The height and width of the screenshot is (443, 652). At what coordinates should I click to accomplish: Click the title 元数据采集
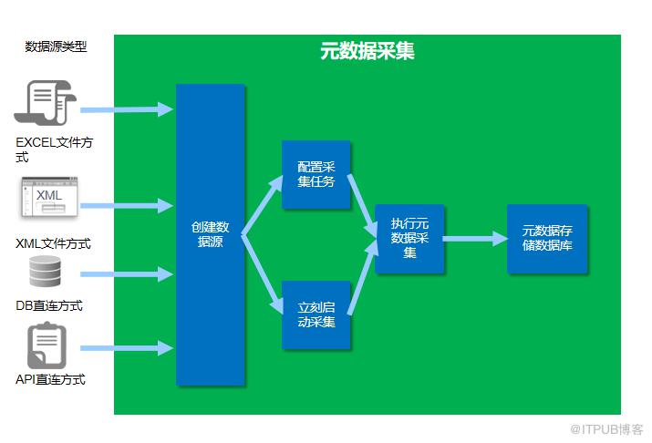tap(367, 51)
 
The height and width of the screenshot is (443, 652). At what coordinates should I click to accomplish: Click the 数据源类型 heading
tap(56, 46)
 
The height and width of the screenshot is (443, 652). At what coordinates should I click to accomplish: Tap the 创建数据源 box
tap(211, 235)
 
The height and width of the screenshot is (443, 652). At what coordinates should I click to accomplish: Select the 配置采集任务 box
tap(316, 174)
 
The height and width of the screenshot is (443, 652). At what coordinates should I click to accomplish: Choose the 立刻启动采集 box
tap(316, 314)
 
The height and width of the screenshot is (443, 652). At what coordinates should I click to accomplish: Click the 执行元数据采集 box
tap(409, 239)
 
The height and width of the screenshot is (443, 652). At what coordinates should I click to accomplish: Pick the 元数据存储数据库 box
tap(547, 239)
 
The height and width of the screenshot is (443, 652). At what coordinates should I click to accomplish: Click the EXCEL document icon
tap(46, 103)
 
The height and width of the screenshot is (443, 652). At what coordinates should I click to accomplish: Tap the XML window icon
tap(49, 197)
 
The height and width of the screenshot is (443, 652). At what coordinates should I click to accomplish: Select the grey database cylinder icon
tap(46, 271)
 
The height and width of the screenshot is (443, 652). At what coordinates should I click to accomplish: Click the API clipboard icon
tap(47, 345)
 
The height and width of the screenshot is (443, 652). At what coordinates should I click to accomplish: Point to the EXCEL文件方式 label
tap(54, 149)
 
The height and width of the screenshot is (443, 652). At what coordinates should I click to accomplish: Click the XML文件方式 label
tap(53, 243)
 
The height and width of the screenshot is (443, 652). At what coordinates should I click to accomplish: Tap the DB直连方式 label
tap(49, 306)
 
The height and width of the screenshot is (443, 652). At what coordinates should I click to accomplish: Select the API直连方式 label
tap(50, 379)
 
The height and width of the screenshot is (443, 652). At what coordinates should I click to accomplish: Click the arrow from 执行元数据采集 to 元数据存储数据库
tap(475, 239)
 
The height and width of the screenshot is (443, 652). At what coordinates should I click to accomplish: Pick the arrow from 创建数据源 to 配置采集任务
tap(263, 205)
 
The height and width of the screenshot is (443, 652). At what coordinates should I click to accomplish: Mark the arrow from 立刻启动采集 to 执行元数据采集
tap(363, 277)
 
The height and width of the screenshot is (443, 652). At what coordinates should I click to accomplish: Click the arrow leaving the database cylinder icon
tap(127, 274)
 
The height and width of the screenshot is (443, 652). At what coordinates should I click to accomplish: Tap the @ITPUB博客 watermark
tap(606, 429)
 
